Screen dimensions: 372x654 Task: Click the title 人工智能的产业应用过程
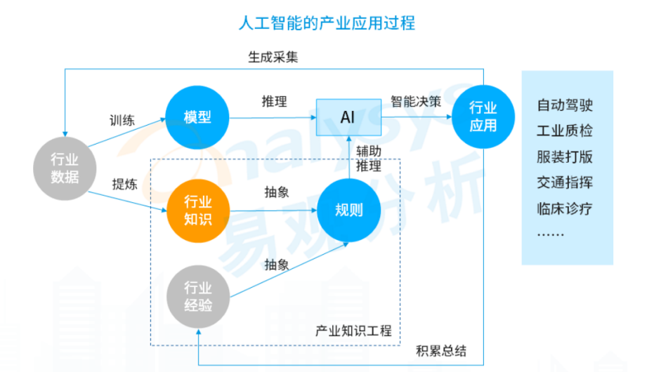pos(327,23)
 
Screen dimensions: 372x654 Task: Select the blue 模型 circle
pos(197,117)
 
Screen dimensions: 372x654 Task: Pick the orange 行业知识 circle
pos(197,211)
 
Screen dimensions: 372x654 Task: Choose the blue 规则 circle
pos(348,211)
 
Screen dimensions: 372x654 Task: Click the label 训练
pos(122,119)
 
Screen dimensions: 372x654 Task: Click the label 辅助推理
pos(368,158)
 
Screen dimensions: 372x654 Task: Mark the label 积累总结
pos(441,351)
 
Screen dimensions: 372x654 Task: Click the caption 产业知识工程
pos(354,331)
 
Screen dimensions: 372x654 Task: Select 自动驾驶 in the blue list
pos(565,106)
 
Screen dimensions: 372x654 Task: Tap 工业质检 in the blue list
pos(565,131)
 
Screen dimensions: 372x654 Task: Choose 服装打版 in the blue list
pos(565,157)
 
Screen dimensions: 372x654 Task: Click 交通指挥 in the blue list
pos(565,182)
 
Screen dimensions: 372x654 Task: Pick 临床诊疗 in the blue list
pos(565,208)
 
